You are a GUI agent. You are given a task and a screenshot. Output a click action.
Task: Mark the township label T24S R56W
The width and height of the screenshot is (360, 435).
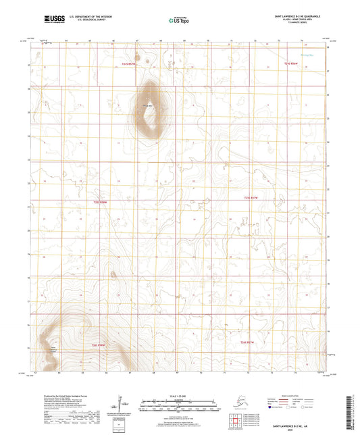[291, 63]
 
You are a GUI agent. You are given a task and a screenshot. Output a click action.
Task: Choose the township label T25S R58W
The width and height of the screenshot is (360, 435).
[100, 202]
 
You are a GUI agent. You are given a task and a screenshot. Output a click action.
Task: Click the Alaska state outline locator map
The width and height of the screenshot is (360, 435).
[241, 400]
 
